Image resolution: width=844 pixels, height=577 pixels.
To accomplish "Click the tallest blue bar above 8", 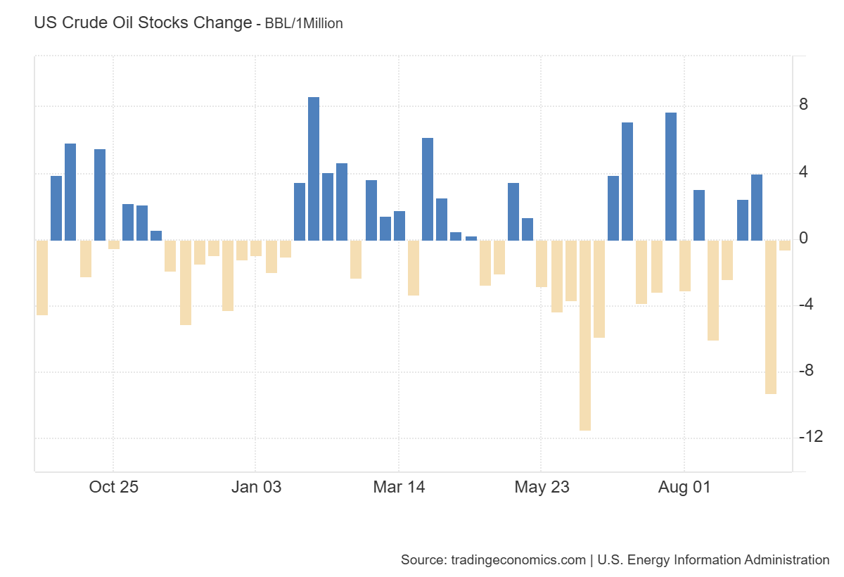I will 314,169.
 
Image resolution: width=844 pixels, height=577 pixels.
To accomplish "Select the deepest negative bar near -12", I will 585,335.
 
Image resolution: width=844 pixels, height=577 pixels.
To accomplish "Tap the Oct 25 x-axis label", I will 114,487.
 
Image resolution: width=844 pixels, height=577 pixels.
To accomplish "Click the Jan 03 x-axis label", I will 256,487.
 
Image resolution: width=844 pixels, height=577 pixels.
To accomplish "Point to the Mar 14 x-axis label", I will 399,487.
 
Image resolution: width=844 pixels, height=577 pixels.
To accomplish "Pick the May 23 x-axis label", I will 541,487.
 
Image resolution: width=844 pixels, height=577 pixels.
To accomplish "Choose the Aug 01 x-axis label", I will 684,487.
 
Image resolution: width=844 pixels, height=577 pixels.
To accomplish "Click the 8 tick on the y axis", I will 803,106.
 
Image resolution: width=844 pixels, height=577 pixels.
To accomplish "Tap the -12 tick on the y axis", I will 810,438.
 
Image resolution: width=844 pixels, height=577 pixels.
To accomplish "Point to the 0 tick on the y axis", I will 803,239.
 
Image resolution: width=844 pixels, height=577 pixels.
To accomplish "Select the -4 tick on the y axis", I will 807,305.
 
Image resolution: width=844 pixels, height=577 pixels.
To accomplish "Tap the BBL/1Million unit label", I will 304,23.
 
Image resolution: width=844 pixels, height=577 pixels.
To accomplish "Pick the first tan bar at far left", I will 42,277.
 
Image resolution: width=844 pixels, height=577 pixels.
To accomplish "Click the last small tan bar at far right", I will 785,245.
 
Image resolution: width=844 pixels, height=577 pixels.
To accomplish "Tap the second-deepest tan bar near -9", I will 771,317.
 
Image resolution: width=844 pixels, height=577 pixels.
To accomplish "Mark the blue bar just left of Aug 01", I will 671,176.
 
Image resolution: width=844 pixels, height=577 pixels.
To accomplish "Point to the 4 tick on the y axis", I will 803,172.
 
